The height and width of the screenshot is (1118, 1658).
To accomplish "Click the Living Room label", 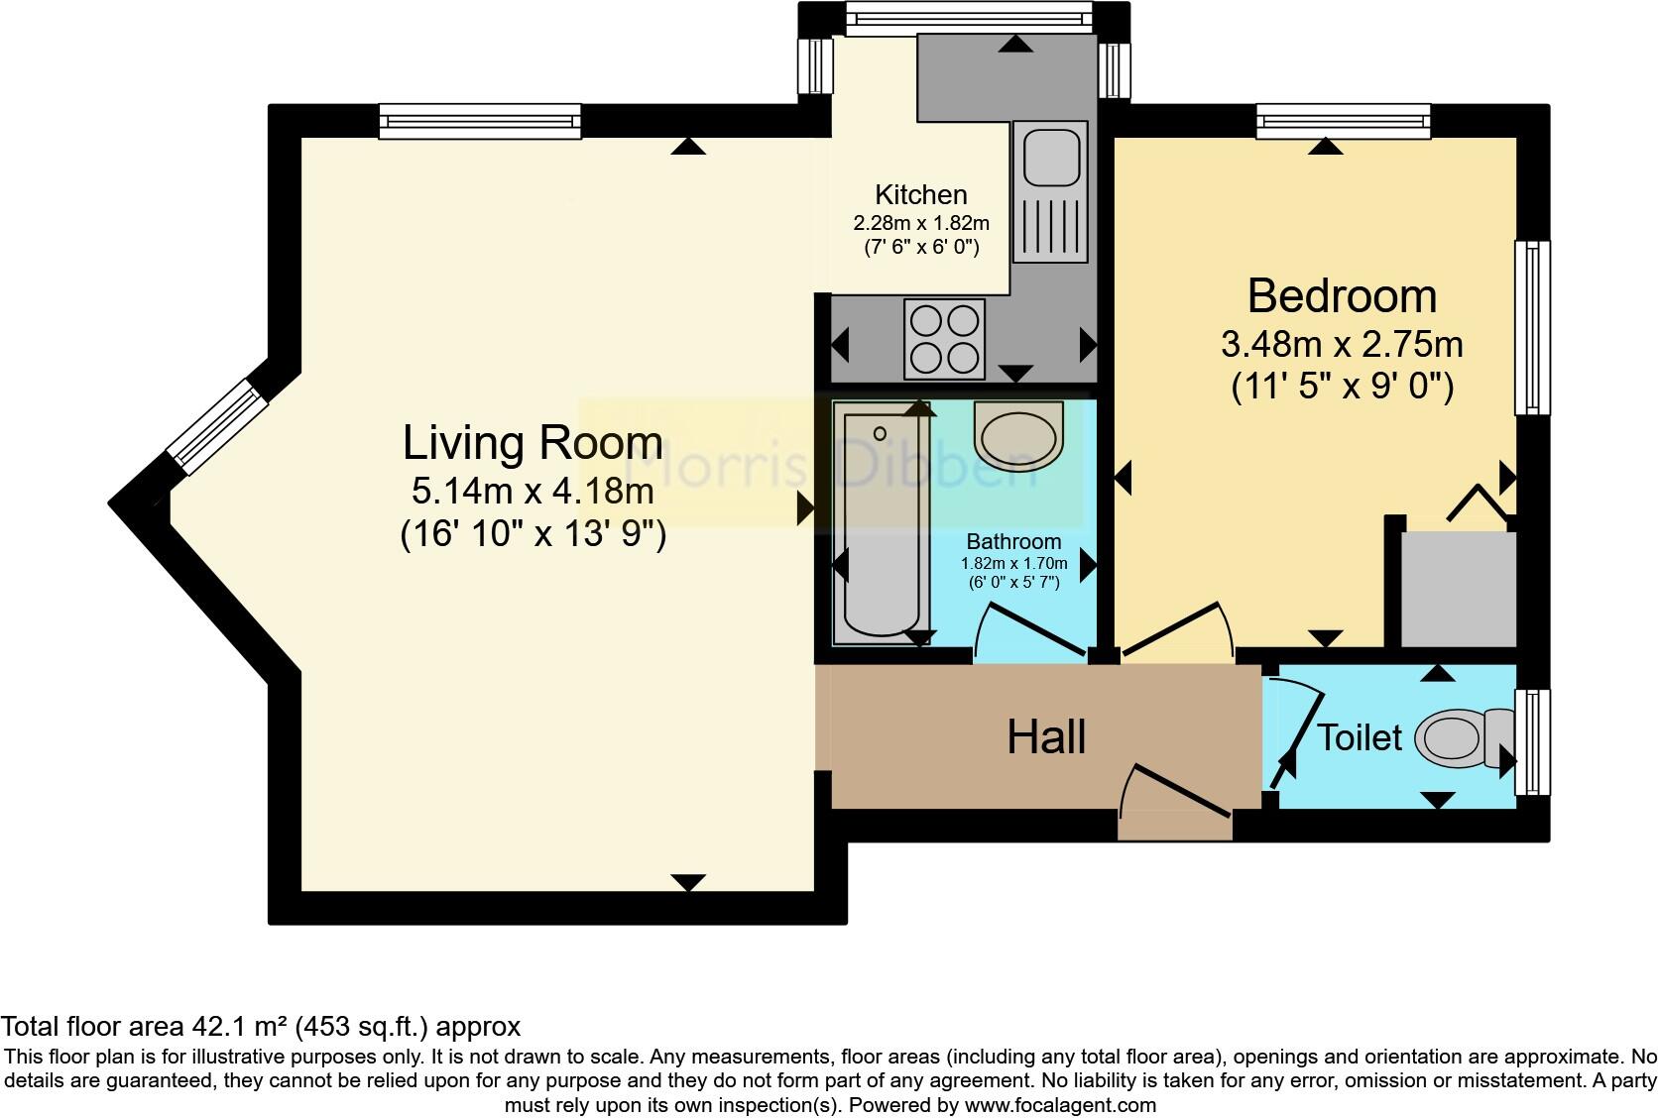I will [533, 443].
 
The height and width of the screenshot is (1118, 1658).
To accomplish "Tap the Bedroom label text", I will [1342, 295].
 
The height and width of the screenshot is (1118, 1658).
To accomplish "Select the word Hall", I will [1046, 737].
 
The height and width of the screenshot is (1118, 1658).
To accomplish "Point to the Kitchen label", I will [920, 194].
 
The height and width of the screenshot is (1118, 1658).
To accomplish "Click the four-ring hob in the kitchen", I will [944, 338].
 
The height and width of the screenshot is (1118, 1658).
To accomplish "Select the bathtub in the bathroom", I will [882, 525].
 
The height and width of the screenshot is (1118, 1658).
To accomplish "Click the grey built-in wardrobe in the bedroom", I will [1458, 590].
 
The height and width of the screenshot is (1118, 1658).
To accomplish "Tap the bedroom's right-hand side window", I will [1532, 327].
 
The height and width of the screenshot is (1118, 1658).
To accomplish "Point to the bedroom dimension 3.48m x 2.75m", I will [1342, 345].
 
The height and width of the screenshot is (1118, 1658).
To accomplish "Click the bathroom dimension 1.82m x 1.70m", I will [1013, 564].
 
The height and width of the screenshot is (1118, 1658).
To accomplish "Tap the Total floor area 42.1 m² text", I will [260, 1026].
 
